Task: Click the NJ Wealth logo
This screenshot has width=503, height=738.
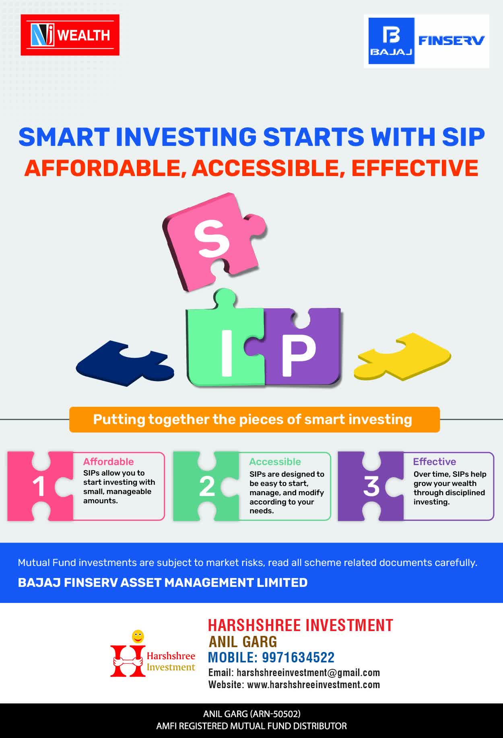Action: tap(70, 35)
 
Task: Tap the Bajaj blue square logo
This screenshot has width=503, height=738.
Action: tap(392, 41)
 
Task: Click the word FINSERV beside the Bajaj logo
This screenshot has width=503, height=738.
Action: tap(451, 40)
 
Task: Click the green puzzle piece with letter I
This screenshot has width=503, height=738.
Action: tap(225, 342)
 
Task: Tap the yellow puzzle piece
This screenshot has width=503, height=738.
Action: tap(402, 357)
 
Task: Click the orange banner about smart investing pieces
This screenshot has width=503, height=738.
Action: tap(254, 420)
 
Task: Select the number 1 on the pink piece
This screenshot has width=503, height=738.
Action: tap(39, 487)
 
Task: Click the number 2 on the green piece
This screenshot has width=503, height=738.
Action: tap(207, 487)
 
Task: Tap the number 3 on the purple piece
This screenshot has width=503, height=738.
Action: tap(371, 486)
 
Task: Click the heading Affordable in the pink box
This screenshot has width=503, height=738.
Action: tap(108, 461)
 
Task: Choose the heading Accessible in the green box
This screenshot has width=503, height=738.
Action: tap(275, 461)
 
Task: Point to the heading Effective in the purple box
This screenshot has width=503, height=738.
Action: tap(435, 461)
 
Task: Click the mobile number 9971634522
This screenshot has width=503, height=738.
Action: tap(298, 658)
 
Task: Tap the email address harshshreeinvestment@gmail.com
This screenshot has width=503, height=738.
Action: tap(308, 672)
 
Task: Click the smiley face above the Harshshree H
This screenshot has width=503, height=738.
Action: tap(138, 636)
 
